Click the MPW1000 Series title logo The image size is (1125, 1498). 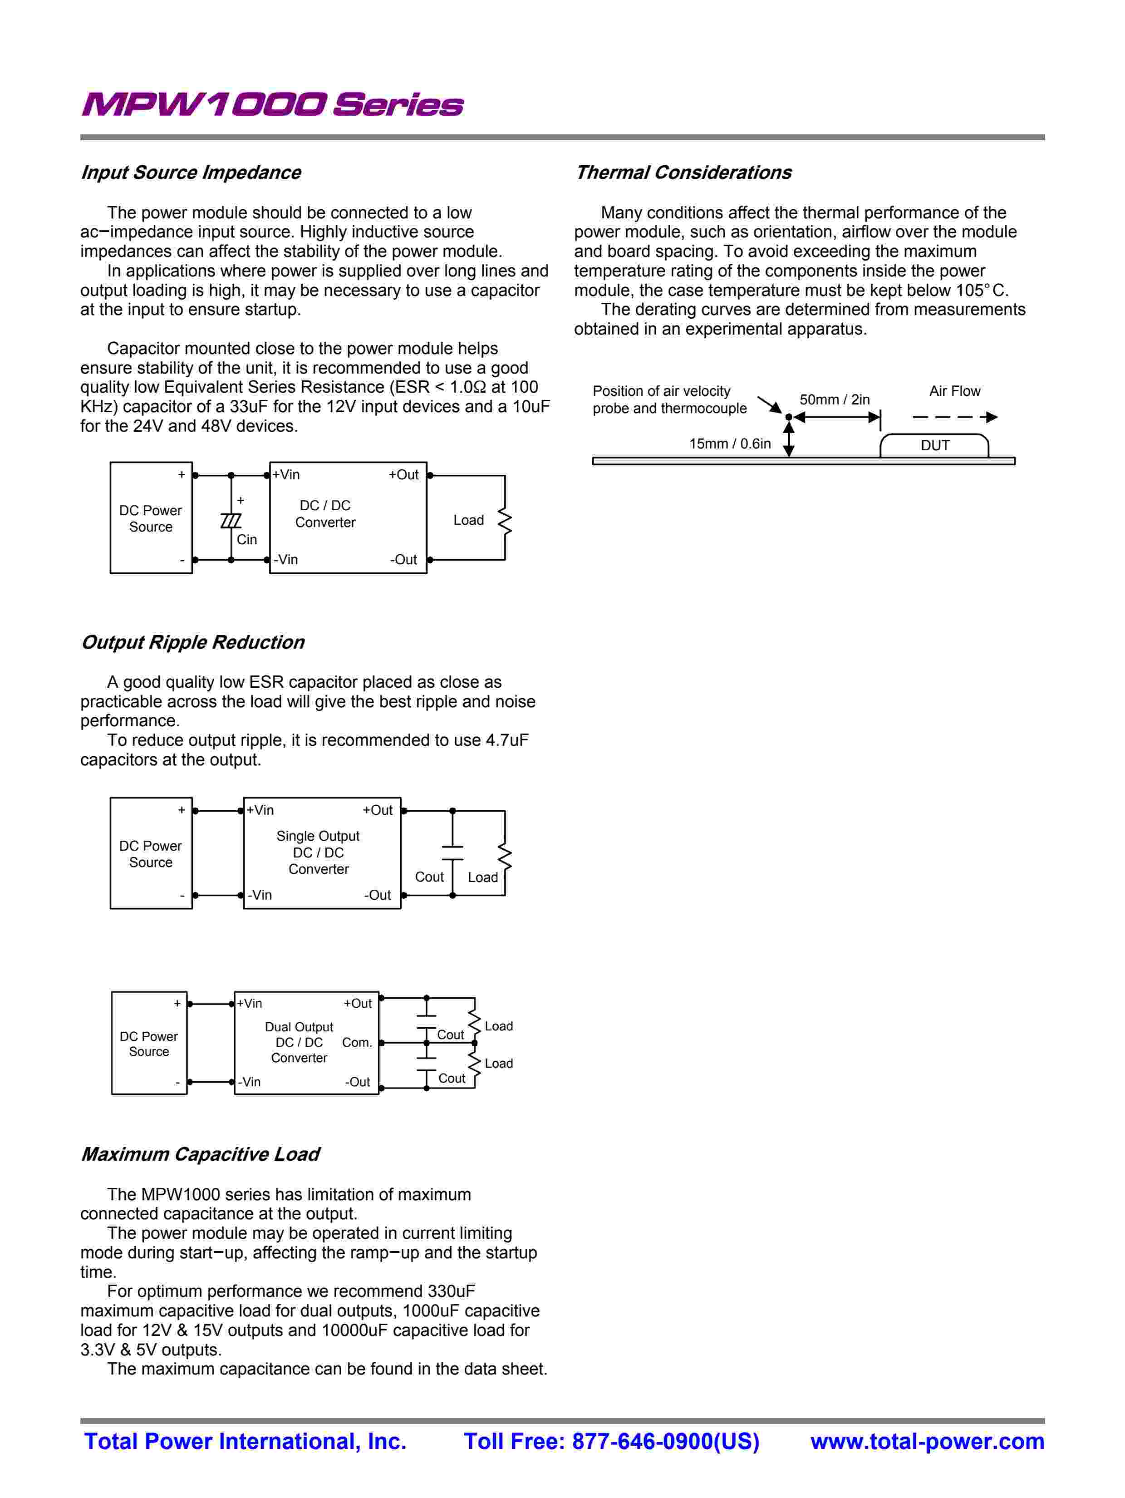(x=272, y=105)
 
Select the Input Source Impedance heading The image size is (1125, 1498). (x=191, y=172)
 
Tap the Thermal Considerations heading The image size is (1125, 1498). (x=683, y=172)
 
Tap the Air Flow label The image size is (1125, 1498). (x=954, y=391)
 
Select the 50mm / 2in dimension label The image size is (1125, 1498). (x=835, y=399)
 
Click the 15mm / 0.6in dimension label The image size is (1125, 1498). (x=730, y=443)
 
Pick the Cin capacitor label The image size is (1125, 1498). (x=246, y=540)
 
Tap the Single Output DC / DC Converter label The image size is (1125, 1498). (x=318, y=852)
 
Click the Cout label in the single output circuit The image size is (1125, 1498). (x=429, y=877)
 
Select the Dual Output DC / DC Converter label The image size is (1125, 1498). (x=299, y=1042)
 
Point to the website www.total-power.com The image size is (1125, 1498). (x=927, y=1441)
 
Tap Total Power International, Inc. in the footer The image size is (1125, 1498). (x=245, y=1441)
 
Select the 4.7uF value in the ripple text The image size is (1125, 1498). (x=506, y=740)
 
